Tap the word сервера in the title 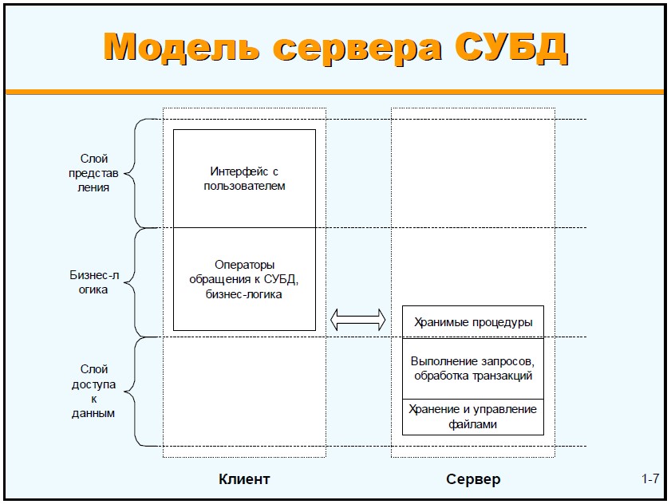[x=357, y=47]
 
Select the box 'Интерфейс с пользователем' [x=244, y=179]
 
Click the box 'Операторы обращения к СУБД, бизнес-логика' [x=244, y=279]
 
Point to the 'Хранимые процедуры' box [x=472, y=322]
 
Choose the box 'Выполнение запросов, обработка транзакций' [x=472, y=368]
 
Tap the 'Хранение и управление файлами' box [x=472, y=416]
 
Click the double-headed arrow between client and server [x=357, y=321]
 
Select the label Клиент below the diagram [x=244, y=479]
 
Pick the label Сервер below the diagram [x=473, y=479]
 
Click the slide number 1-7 [x=650, y=479]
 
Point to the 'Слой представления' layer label [x=94, y=173]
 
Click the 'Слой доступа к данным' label [x=94, y=392]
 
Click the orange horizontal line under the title [x=335, y=92]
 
